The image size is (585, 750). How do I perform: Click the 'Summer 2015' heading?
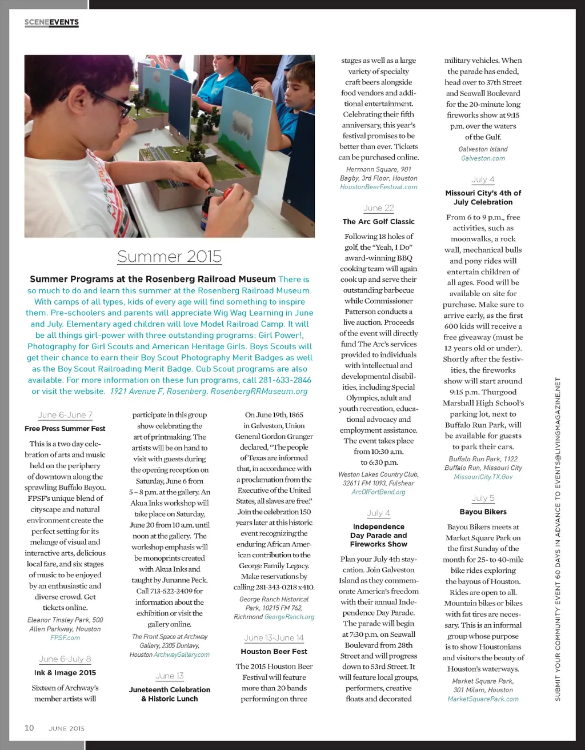pyautogui.click(x=169, y=256)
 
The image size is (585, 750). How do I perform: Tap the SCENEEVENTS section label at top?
pyautogui.click(x=51, y=22)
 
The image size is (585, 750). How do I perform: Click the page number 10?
pyautogui.click(x=29, y=728)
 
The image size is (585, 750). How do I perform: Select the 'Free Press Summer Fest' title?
pyautogui.click(x=65, y=428)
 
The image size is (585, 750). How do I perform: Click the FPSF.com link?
pyautogui.click(x=65, y=637)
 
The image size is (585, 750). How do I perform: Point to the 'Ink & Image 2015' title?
pyautogui.click(x=65, y=672)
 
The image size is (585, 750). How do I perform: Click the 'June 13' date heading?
pyautogui.click(x=170, y=676)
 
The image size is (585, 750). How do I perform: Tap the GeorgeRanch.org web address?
pyautogui.click(x=290, y=617)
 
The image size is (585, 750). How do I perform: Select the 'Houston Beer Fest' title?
pyautogui.click(x=274, y=651)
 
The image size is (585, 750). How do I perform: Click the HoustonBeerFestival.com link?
pyautogui.click(x=379, y=187)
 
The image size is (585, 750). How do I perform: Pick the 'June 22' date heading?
pyautogui.click(x=379, y=208)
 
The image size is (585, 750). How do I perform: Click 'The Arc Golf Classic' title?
pyautogui.click(x=379, y=221)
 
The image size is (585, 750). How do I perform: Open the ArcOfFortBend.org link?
pyautogui.click(x=379, y=492)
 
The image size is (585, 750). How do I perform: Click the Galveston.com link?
pyautogui.click(x=483, y=158)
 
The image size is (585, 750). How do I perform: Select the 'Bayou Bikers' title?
pyautogui.click(x=483, y=512)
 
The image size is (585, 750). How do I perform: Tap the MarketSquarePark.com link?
pyautogui.click(x=483, y=699)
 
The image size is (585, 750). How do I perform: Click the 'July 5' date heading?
pyautogui.click(x=483, y=498)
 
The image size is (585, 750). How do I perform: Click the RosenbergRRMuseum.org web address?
pyautogui.click(x=259, y=391)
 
